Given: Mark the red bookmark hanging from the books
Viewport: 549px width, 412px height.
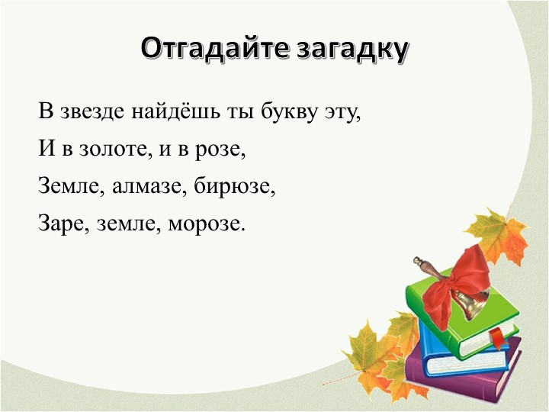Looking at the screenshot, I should click(496, 336).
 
